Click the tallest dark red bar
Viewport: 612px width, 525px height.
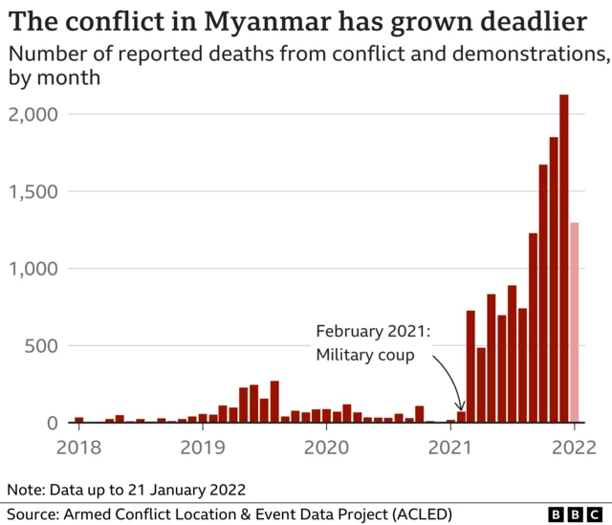[564, 258]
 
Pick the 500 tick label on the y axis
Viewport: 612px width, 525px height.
[42, 345]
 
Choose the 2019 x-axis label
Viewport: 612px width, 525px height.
[202, 447]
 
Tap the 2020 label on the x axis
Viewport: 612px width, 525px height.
[326, 447]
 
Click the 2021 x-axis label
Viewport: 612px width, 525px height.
[450, 447]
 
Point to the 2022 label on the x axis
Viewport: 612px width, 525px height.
[575, 447]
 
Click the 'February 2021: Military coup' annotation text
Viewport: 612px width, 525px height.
[373, 343]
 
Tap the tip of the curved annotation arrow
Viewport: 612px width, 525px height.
[461, 409]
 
